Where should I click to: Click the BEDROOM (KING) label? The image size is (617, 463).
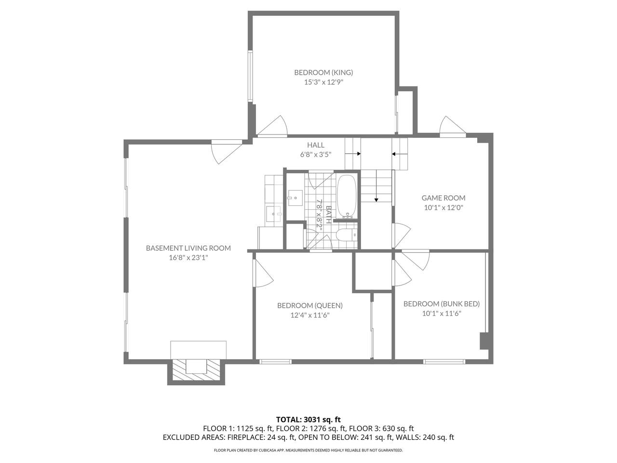tap(323, 72)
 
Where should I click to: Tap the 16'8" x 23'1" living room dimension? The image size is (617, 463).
tap(188, 258)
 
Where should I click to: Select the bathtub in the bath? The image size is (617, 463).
tap(347, 196)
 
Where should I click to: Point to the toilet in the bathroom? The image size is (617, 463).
tap(347, 235)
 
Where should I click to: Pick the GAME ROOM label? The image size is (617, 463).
tap(443, 198)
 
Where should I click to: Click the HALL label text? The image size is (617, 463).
tap(316, 145)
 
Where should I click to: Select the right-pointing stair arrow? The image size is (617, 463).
tap(353, 154)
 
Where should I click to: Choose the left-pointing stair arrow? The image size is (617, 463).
tap(400, 154)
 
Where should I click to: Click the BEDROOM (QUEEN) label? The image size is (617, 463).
tap(310, 305)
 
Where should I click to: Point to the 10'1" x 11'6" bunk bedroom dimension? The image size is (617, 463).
tap(442, 313)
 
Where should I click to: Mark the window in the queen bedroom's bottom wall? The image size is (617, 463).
tap(275, 362)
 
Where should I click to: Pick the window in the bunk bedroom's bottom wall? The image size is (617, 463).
tap(444, 362)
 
